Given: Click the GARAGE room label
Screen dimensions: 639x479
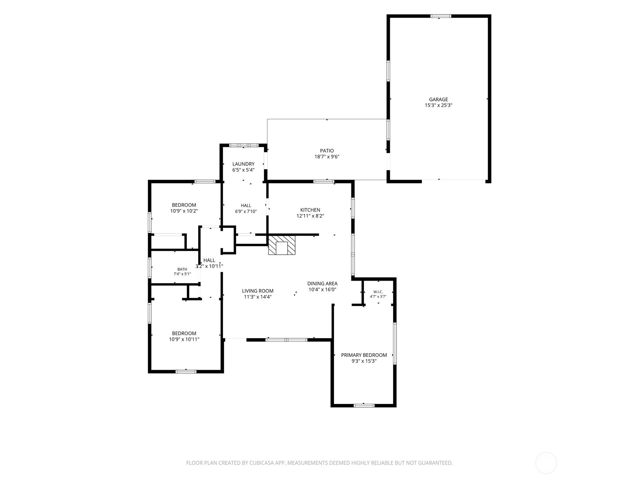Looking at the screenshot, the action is pos(438,99).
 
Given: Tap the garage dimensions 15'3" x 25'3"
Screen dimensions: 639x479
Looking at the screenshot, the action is pos(438,105).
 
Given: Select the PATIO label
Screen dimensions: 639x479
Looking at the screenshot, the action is pos(327,150).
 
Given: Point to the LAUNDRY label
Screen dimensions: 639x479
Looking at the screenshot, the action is pos(243,164).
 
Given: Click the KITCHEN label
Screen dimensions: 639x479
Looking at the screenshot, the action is pos(310,210).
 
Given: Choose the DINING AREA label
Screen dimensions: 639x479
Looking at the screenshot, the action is pos(322,283).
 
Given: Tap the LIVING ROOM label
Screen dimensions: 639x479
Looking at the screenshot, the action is pos(258,291).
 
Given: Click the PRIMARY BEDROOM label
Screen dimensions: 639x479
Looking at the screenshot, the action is pos(364,355).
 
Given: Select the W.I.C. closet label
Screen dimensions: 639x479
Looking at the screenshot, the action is pos(378,292).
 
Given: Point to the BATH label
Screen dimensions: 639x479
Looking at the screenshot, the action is pos(182,269).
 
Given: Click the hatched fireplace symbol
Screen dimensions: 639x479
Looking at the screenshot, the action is pos(282,245).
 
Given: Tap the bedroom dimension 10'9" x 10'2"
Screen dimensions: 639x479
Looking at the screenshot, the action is pos(184,211).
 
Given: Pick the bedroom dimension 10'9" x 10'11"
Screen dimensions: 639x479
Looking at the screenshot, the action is pos(184,339).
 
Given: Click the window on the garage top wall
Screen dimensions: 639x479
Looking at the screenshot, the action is pos(441,16).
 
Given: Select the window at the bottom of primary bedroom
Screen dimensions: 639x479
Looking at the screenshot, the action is pos(364,406).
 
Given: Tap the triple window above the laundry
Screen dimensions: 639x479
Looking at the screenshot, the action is pos(244,145).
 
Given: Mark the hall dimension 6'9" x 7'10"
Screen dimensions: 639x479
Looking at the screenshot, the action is pos(246,212).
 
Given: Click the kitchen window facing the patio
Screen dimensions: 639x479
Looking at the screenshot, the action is pos(324,182).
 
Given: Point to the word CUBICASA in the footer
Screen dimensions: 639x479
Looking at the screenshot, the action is pos(262,463).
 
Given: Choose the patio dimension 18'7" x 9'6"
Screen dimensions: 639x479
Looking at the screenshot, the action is pos(327,157).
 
